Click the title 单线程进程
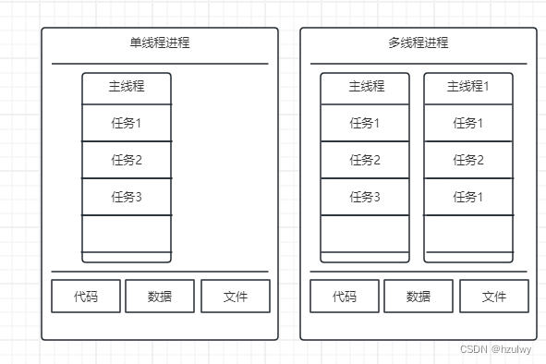click(160, 43)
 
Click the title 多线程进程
click(418, 43)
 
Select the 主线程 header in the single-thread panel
click(127, 87)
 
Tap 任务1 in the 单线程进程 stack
click(127, 123)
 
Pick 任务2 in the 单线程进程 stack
click(127, 160)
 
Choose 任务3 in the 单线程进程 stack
click(127, 196)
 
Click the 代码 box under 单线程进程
click(86, 297)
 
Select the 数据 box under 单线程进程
click(160, 297)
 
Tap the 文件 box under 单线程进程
click(236, 297)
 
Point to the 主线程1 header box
click(468, 87)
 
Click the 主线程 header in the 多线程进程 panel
click(365, 87)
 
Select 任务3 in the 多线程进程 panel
click(365, 196)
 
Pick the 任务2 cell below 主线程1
click(468, 160)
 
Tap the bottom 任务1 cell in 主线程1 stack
click(468, 196)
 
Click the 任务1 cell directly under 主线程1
click(468, 123)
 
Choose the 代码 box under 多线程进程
click(345, 297)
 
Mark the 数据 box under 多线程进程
click(419, 297)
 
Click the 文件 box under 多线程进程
click(494, 297)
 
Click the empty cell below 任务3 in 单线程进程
click(127, 233)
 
